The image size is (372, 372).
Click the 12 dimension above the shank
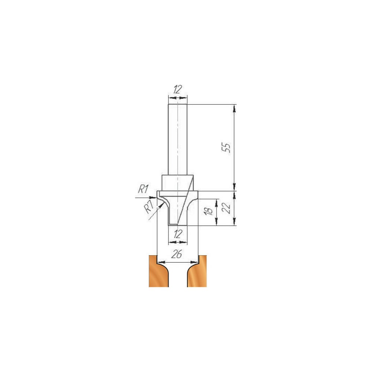click(177, 89)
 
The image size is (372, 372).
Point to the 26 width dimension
click(177, 254)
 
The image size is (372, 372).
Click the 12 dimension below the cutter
click(178, 234)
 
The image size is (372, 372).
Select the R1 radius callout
click(143, 190)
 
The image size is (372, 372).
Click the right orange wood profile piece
click(197, 271)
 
